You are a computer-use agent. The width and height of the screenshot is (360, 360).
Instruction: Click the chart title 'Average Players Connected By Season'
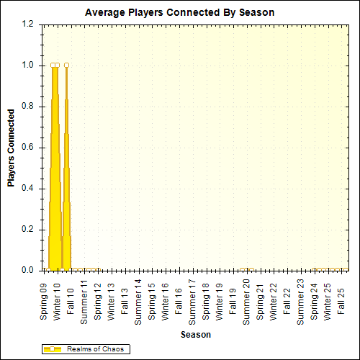[179, 12]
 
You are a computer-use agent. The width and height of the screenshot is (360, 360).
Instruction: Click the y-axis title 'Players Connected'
[11, 147]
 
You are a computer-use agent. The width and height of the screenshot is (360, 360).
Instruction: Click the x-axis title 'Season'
[195, 335]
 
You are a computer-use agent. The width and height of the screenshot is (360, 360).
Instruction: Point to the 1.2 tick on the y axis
[28, 24]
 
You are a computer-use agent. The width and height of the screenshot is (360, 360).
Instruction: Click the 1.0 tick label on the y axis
[28, 65]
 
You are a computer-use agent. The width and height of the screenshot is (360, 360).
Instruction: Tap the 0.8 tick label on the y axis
[28, 106]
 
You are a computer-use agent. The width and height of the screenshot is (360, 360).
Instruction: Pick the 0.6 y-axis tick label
[28, 147]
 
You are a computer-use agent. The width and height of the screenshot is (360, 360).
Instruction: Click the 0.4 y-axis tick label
[28, 189]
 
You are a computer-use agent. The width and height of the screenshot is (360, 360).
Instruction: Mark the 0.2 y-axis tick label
[28, 230]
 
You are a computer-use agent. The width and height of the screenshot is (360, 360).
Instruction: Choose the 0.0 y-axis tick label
[28, 271]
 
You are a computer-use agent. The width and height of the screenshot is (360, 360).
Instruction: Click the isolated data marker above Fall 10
[66, 65]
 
